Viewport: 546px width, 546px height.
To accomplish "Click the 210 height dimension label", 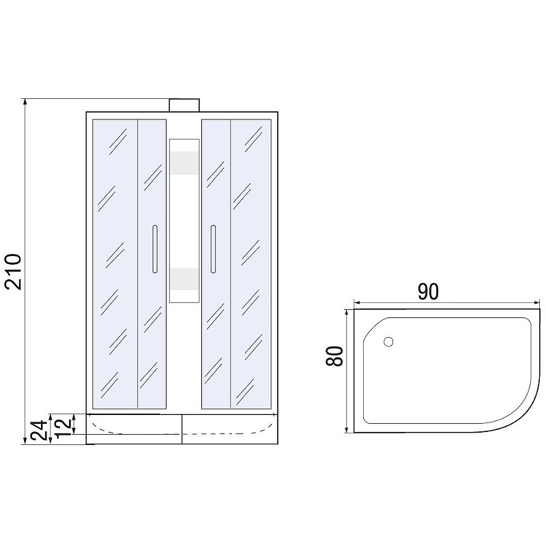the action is [13, 272].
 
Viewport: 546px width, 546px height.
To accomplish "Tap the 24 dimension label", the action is [38, 431].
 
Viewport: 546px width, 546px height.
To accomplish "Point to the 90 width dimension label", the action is [428, 292].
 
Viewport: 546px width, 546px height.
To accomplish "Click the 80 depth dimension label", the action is [334, 356].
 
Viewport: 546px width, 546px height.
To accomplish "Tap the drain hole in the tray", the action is [388, 342].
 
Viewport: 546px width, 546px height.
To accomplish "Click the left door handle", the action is [155, 249].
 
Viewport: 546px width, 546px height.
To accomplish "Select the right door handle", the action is [213, 249].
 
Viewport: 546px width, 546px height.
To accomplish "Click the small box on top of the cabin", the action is [184, 105].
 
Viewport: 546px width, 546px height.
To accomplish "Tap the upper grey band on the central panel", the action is [184, 162].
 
